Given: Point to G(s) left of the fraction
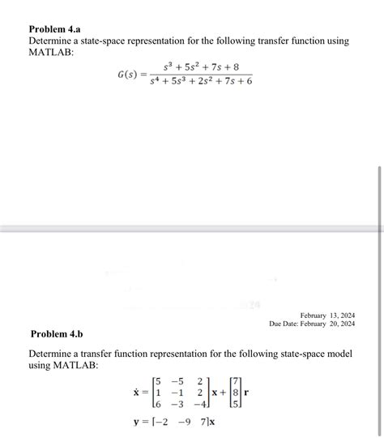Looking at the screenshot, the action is (x=128, y=75).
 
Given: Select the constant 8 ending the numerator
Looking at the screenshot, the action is (x=235, y=67).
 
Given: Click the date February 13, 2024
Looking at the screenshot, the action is (x=327, y=315).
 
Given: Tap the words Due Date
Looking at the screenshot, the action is (x=287, y=324).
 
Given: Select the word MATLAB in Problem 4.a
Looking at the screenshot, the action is (x=51, y=52).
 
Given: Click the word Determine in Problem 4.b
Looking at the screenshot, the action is (x=58, y=354).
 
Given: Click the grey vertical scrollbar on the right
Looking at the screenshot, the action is (x=378, y=235).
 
